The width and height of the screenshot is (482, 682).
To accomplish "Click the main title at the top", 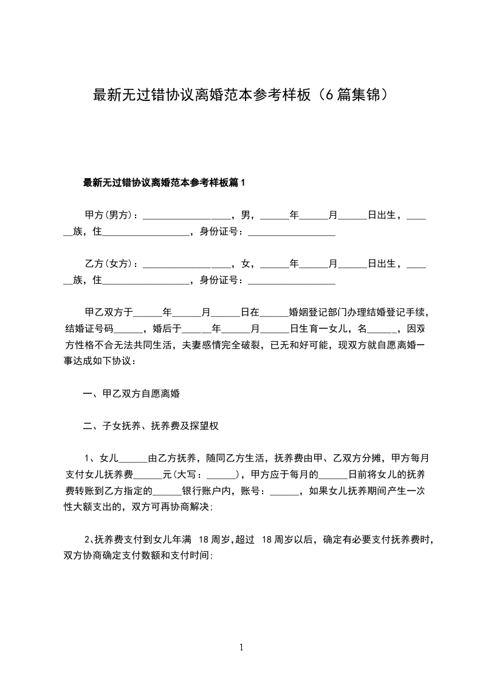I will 241,95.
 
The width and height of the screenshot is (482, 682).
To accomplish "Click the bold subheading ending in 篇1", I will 164,182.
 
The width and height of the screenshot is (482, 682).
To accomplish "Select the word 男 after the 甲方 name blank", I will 246,215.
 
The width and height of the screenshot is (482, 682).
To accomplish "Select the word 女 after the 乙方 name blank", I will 246,264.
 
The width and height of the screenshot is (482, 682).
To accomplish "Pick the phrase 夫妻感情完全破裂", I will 221,345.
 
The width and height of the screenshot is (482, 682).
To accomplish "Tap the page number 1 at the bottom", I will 241,647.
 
